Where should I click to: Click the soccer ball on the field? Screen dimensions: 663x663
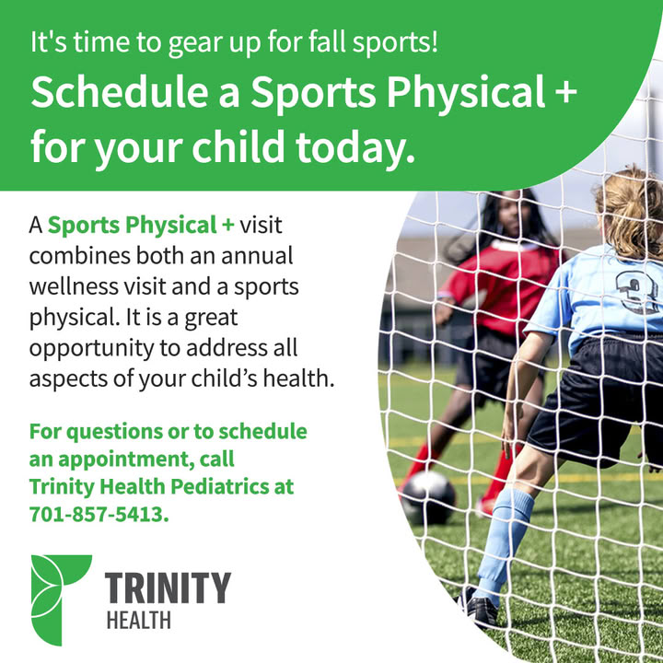tap(428, 497)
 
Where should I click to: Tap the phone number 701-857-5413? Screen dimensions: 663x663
tap(99, 515)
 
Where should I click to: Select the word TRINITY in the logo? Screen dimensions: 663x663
tap(168, 587)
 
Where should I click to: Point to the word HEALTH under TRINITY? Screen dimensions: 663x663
tap(139, 621)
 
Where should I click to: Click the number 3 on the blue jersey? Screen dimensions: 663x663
tap(635, 292)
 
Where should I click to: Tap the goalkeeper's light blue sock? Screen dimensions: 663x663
tap(503, 541)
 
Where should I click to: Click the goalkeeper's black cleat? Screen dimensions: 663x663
tap(477, 606)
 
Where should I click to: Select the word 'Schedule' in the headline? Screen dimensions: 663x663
tap(120, 93)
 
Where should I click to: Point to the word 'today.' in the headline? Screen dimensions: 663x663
tap(355, 147)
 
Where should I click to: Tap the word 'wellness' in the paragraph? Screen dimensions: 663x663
tap(74, 286)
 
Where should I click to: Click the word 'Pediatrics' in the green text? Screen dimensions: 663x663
tap(220, 486)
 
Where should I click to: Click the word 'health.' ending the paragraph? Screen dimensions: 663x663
tap(298, 378)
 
